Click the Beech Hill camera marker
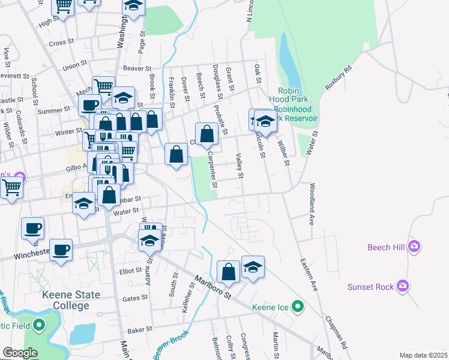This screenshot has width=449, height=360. click(414, 246)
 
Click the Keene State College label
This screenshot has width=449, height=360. click(66, 300)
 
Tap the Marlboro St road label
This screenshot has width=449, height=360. click(212, 287)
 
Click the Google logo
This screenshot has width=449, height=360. click(19, 353)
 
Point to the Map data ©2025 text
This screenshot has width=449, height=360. click(423, 355)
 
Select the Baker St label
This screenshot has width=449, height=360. click(139, 329)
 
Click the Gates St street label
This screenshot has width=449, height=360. click(135, 298)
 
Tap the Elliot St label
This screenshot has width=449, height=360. click(130, 271)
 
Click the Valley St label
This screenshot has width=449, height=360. click(240, 166)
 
